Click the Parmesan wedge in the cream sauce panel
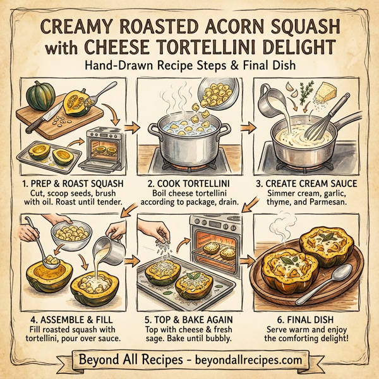327,92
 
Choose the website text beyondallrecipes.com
243,361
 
